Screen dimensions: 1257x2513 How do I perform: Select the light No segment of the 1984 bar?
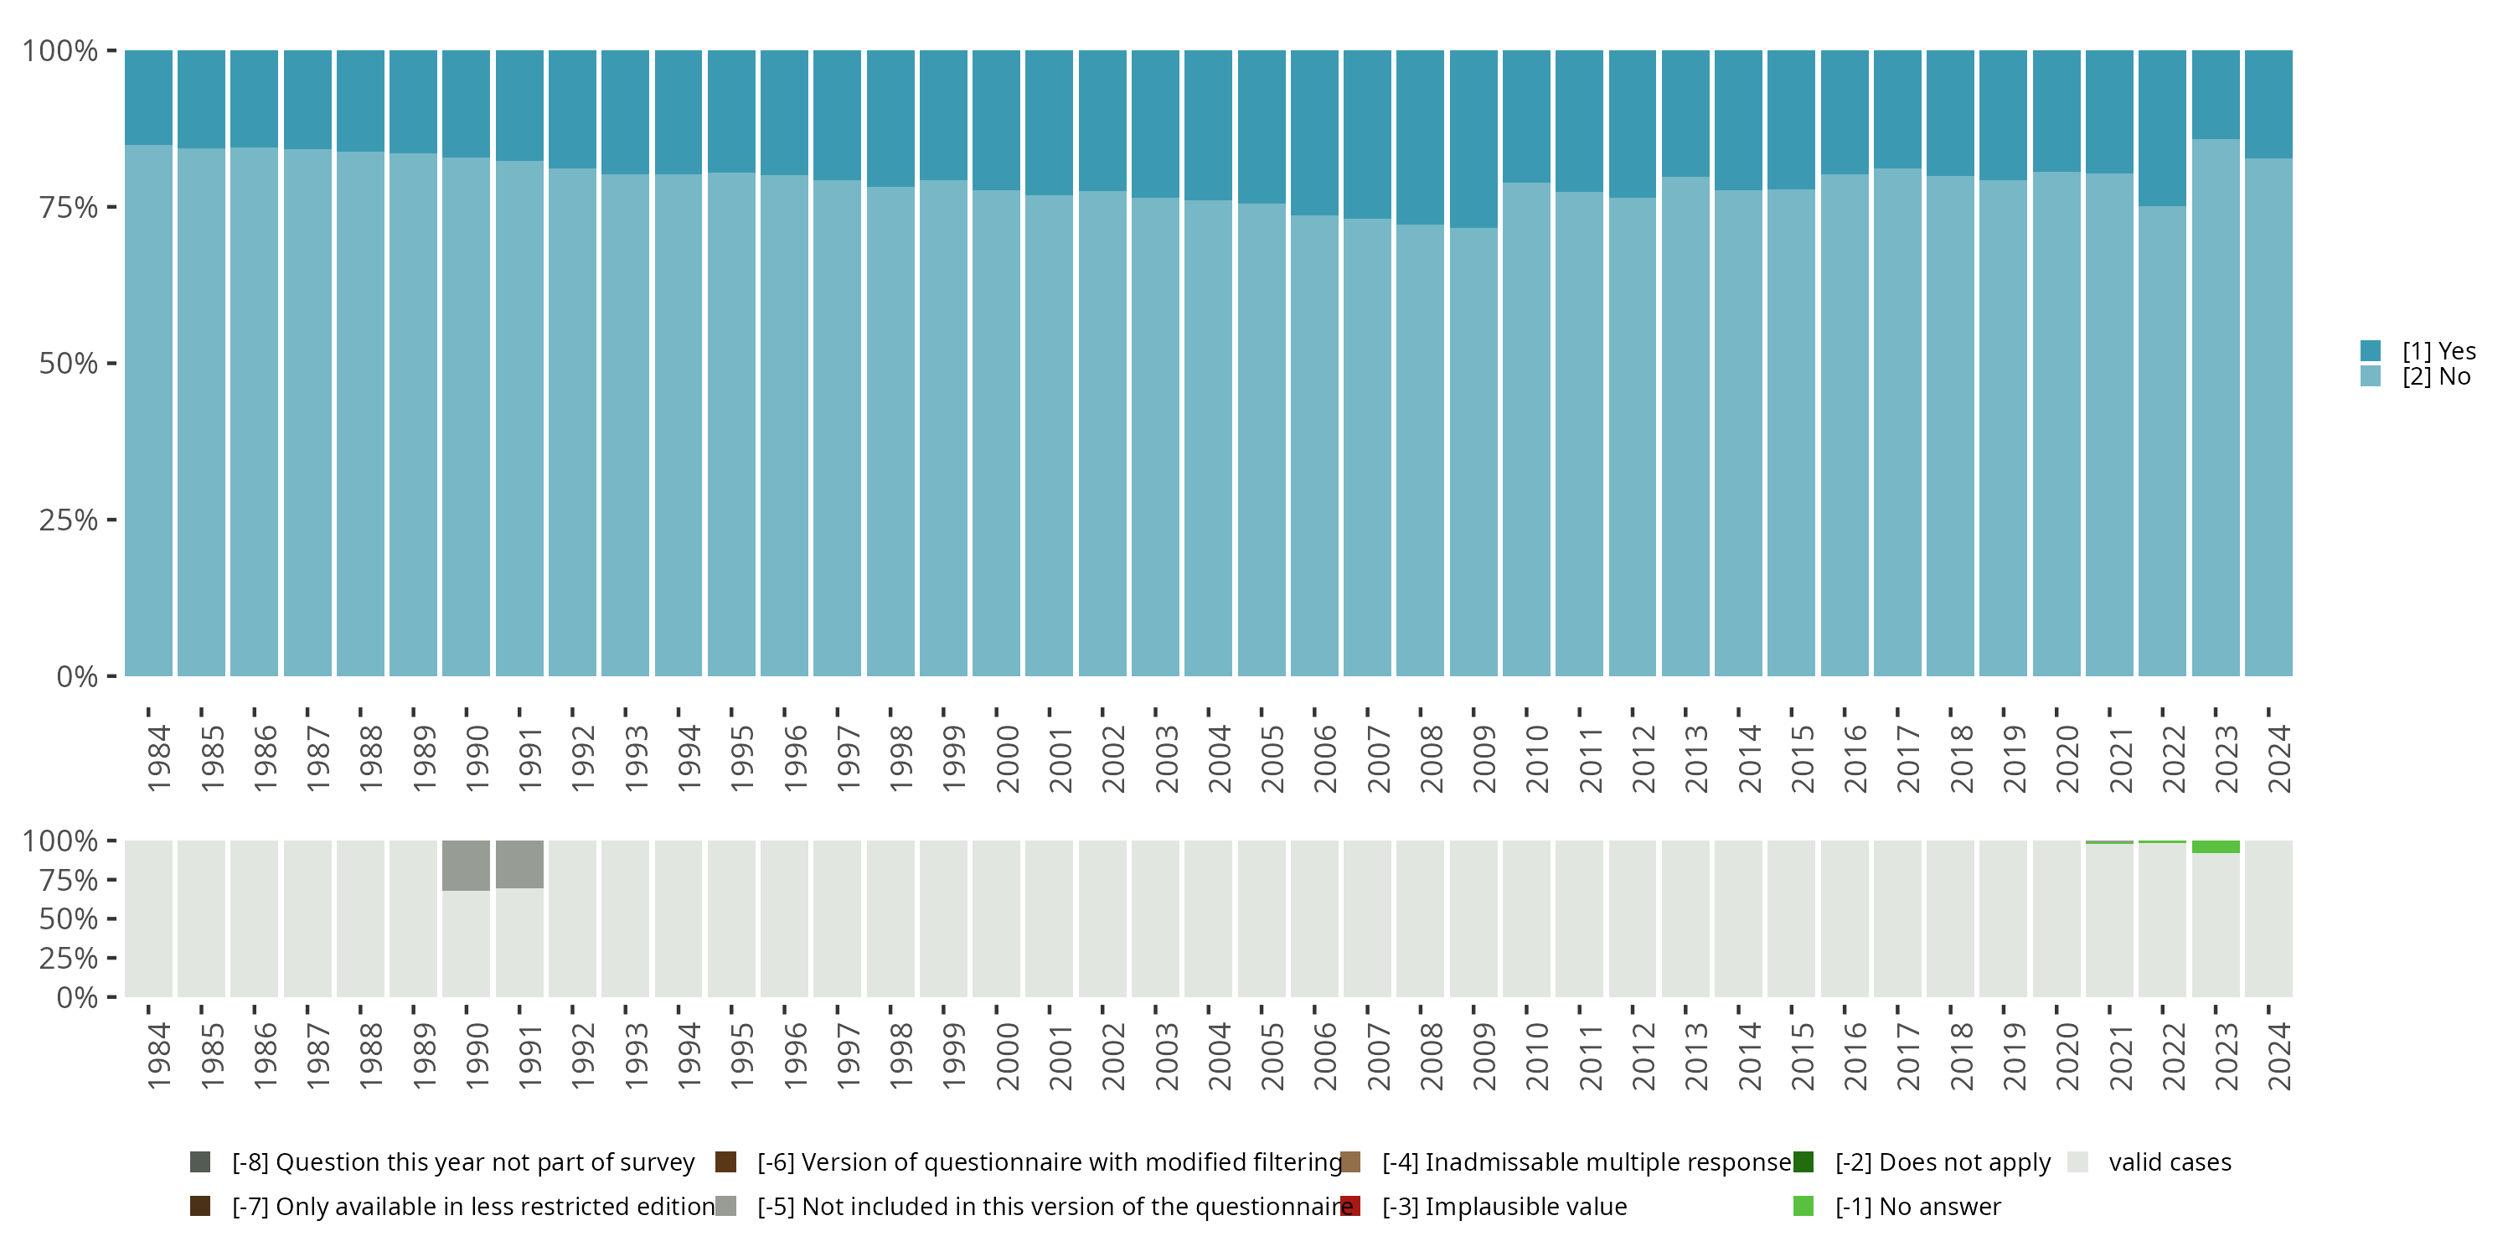point(148,410)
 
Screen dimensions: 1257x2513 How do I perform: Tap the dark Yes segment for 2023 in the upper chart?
point(2216,94)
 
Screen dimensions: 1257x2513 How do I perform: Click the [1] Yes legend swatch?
point(2371,350)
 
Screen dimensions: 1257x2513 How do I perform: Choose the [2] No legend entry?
point(2436,377)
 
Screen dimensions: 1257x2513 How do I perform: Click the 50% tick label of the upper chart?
point(69,364)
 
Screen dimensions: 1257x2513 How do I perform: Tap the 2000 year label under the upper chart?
point(1007,758)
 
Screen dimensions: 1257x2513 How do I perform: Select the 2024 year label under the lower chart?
point(2278,1056)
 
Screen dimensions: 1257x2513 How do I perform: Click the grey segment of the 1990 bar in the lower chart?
point(467,866)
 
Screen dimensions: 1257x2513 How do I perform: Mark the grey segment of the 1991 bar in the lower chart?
point(519,864)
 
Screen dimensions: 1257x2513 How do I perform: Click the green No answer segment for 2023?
point(2216,847)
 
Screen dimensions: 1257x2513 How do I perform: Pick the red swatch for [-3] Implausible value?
point(1351,1206)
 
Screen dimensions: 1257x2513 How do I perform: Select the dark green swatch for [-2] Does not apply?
point(1803,1161)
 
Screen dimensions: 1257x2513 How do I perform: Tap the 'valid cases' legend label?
point(2170,1161)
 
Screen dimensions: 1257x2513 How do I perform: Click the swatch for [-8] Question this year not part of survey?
point(200,1161)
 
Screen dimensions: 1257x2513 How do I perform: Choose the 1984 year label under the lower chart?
point(158,1056)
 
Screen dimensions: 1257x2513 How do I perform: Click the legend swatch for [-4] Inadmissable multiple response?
point(1351,1161)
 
